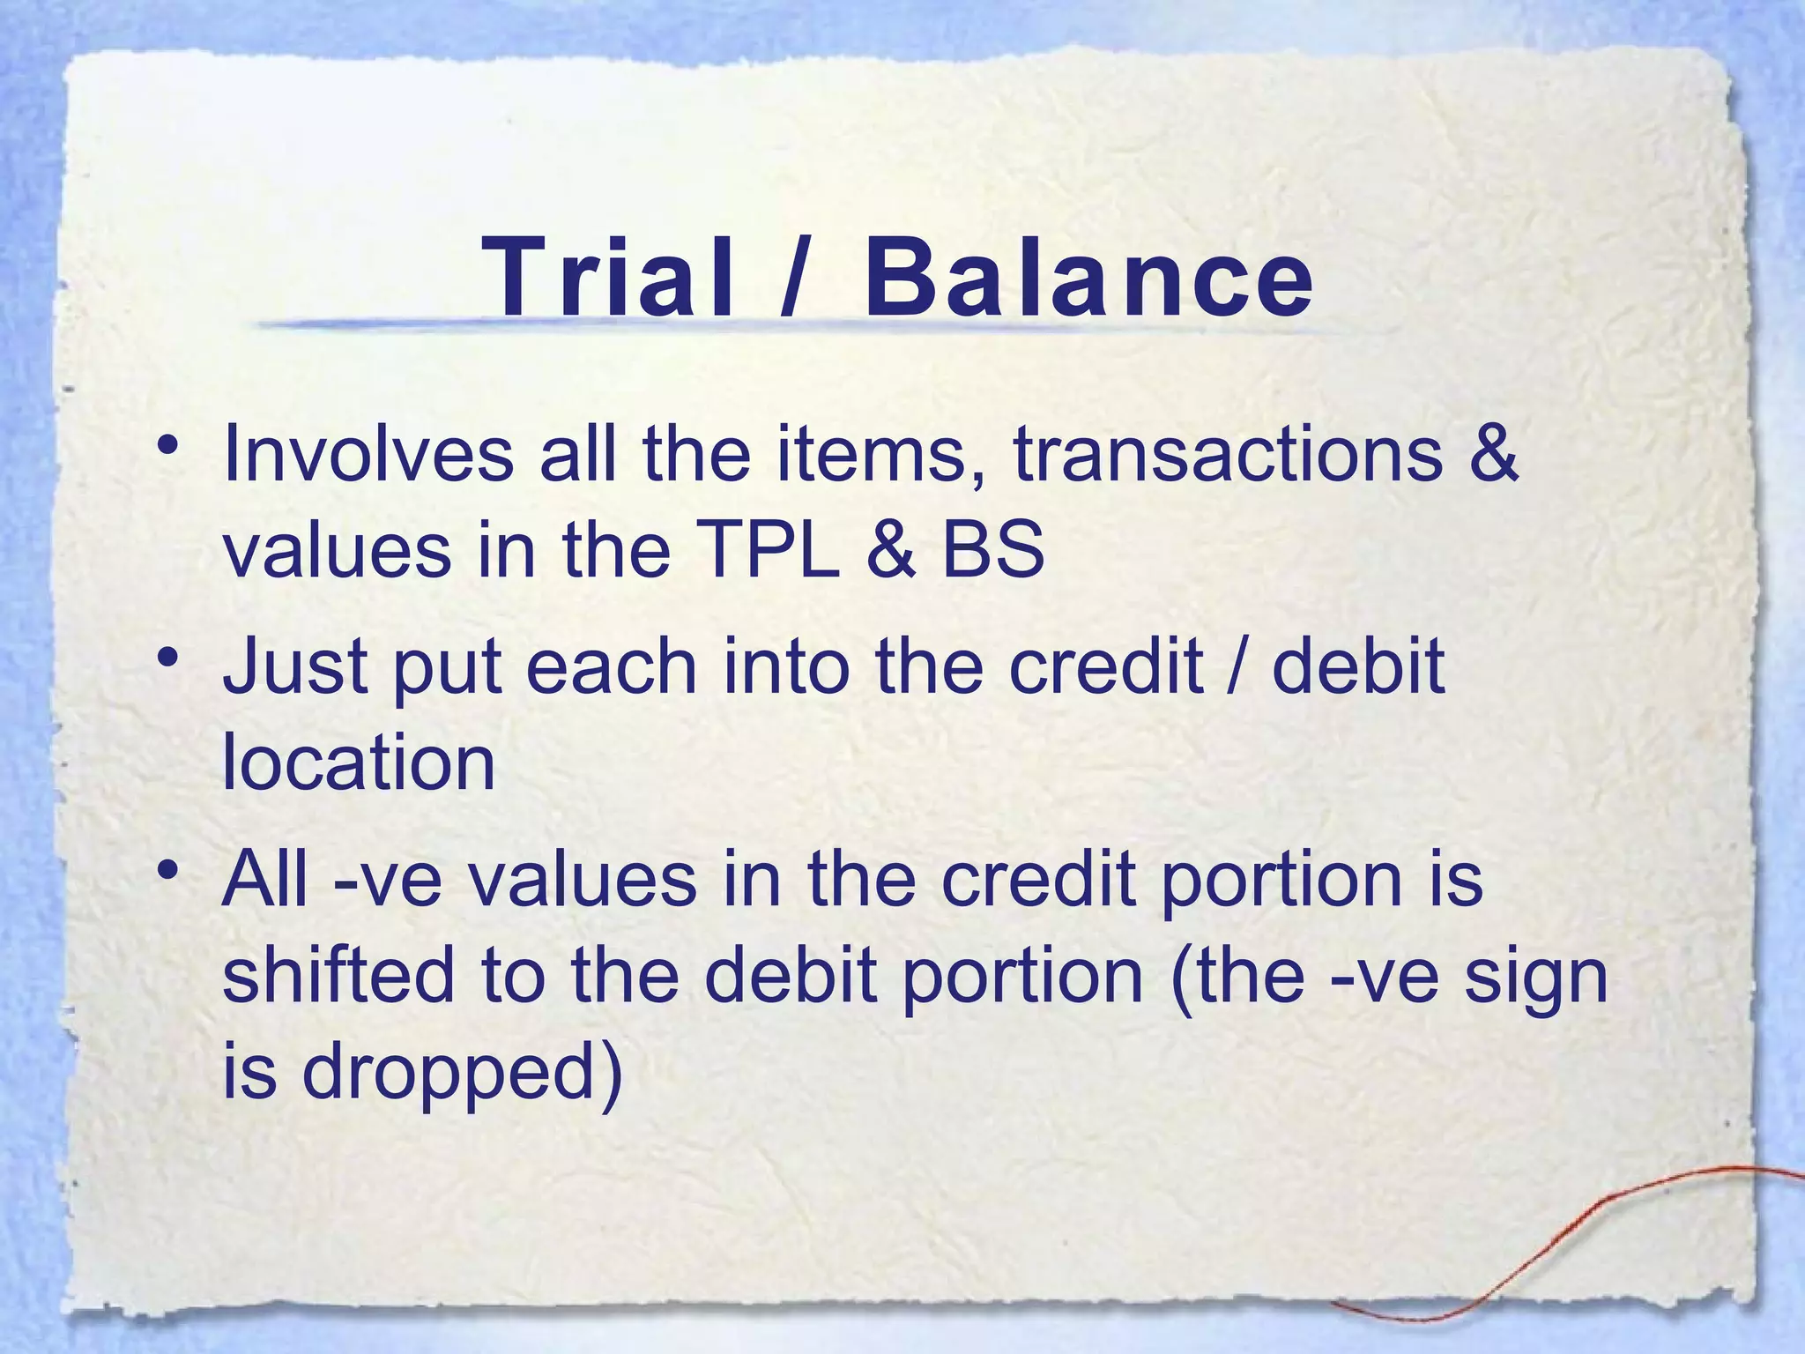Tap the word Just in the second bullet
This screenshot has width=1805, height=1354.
point(293,668)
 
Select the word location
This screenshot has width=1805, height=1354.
point(359,763)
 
